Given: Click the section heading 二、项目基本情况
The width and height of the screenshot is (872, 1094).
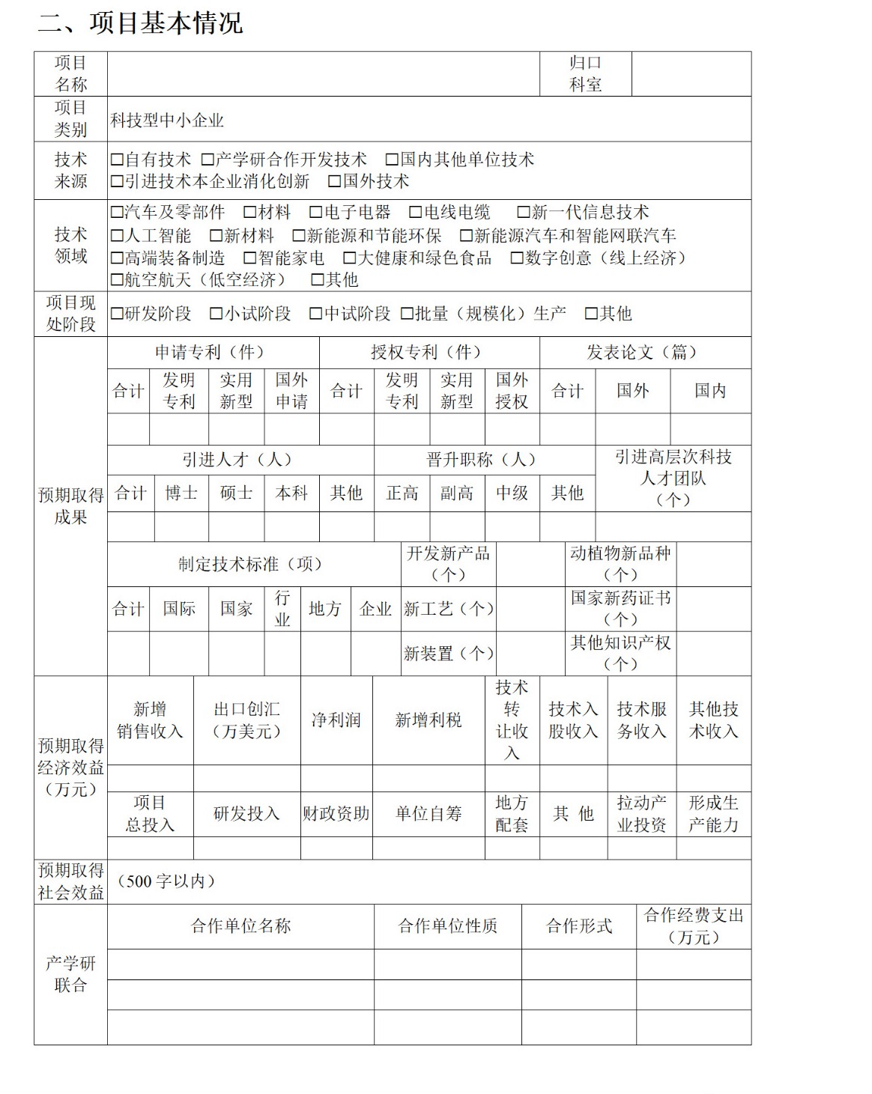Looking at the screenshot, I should tap(140, 23).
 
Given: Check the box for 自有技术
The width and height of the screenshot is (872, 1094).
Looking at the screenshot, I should tap(117, 159).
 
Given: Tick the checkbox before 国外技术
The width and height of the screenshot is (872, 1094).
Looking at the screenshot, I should tap(335, 181).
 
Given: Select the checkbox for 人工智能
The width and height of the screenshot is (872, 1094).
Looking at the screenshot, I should tap(117, 236).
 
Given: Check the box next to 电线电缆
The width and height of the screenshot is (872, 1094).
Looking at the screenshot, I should tap(416, 213).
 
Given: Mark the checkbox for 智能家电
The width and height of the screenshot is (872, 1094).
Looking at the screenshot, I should tap(250, 258).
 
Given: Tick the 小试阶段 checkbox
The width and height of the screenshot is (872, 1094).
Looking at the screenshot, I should tap(217, 314).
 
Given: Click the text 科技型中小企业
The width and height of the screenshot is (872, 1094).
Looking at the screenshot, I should tap(167, 121).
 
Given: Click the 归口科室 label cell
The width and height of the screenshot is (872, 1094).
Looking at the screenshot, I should tap(585, 74).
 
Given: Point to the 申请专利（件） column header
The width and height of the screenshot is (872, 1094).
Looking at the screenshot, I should tap(213, 352).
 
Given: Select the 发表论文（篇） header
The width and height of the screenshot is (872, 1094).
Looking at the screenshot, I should tap(644, 352).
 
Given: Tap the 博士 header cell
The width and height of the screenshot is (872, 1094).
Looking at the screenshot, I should tap(181, 493).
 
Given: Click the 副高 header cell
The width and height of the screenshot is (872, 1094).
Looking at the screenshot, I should tap(456, 493).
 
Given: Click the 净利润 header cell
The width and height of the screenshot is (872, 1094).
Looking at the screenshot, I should tap(336, 720).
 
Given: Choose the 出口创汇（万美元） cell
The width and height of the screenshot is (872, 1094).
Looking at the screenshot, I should tap(246, 720).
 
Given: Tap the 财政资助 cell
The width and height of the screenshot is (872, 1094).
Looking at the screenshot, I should tap(336, 814).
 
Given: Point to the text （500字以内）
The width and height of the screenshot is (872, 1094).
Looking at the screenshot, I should tap(166, 881).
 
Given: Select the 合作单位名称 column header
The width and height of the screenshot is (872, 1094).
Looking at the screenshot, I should tap(240, 926).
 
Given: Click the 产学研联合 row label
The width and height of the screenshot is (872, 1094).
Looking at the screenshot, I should tap(70, 974).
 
